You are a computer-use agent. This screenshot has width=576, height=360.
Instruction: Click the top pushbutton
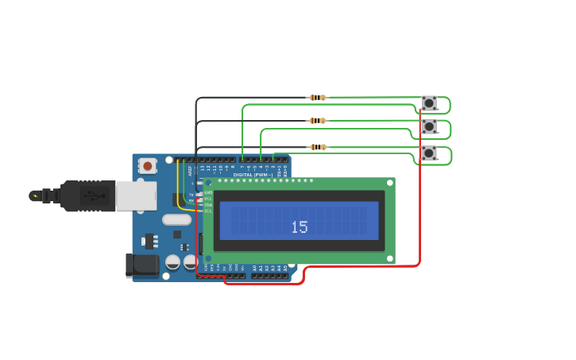(429, 103)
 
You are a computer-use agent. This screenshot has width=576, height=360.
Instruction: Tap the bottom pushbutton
(429, 153)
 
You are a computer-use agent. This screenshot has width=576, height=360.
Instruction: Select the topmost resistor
(318, 98)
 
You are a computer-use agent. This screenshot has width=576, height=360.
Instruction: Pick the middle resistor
(318, 121)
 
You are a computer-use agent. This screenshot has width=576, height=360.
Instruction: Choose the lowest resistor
(318, 147)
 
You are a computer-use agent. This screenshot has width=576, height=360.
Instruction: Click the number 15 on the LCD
(299, 227)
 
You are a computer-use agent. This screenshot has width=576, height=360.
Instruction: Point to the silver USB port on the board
(136, 195)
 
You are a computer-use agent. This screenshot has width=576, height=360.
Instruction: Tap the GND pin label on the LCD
(208, 192)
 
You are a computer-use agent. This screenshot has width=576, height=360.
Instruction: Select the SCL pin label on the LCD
(208, 211)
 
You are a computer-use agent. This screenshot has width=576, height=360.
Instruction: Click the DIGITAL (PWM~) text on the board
(253, 175)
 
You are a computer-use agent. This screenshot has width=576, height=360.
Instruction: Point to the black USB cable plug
(87, 195)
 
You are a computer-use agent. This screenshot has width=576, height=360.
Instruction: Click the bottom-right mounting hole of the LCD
(389, 258)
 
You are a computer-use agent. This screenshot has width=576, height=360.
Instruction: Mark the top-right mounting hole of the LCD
(389, 184)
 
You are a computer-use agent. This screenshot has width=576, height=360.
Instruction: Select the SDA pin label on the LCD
(208, 205)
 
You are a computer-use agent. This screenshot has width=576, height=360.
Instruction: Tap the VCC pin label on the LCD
(208, 199)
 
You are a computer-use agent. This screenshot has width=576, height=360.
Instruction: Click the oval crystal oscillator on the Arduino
(176, 219)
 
